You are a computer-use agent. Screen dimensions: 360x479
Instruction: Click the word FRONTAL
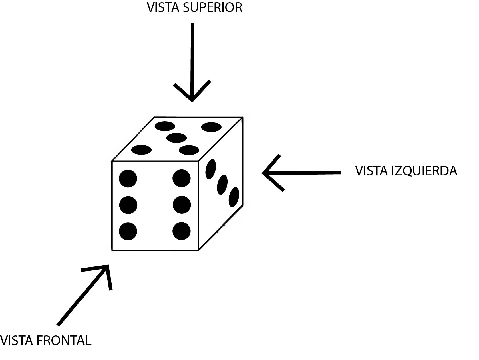[64, 341]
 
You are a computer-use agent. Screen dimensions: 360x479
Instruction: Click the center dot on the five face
[176, 138]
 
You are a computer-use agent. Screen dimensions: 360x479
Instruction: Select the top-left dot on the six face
[128, 179]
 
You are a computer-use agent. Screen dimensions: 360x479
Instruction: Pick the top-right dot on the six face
[182, 178]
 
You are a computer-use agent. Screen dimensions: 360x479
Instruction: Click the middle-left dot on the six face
[128, 205]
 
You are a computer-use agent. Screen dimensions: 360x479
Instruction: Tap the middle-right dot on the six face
[182, 205]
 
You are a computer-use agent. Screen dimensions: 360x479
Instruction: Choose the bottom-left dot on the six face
[128, 231]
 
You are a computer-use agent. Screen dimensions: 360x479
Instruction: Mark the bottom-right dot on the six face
[182, 231]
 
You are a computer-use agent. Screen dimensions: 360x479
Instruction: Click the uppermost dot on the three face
[211, 169]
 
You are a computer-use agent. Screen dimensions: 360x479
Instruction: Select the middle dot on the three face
[222, 185]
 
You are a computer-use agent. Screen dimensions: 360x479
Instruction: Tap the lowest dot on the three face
[234, 197]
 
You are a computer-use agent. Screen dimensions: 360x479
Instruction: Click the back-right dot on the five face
[211, 127]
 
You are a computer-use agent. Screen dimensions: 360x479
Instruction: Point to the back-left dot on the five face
[165, 126]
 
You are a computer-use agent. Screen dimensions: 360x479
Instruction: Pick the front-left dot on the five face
[141, 149]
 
